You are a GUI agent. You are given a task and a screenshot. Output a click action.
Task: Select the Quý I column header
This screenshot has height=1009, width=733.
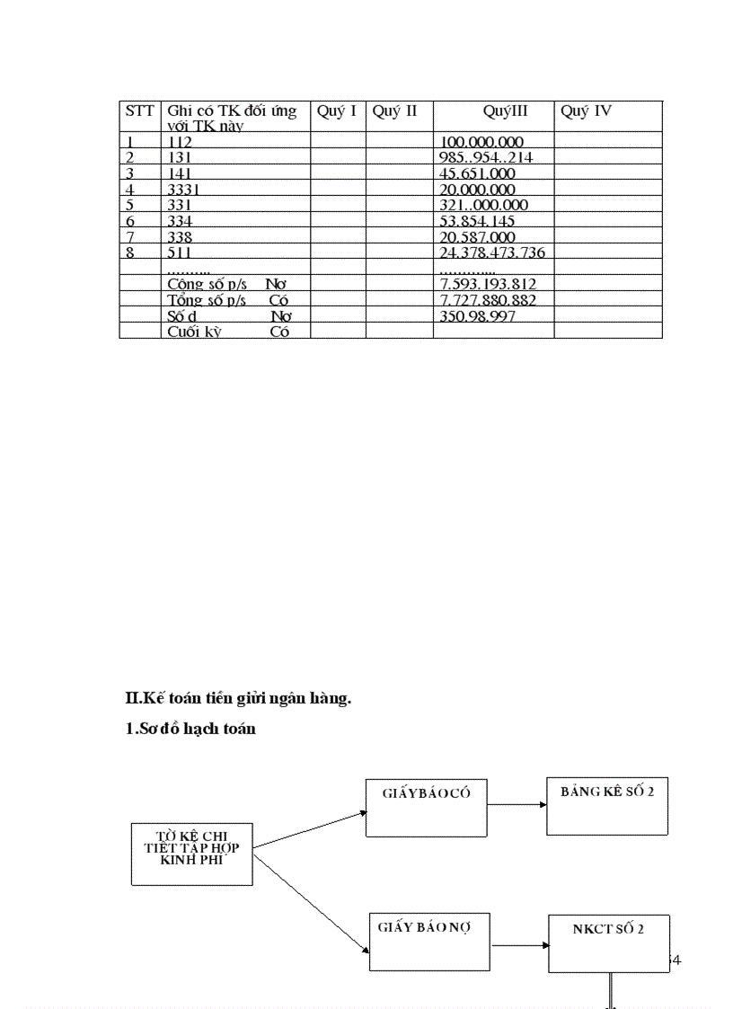pos(337,111)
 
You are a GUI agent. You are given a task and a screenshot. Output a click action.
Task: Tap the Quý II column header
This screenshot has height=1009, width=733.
pos(394,111)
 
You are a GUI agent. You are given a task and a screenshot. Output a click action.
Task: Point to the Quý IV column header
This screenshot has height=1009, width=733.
pos(586,111)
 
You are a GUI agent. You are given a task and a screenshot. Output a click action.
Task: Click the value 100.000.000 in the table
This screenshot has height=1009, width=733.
pos(482,142)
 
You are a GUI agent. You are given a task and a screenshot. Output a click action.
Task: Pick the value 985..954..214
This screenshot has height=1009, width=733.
pos(486,158)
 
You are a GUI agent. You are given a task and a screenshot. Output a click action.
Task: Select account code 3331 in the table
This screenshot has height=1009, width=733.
pos(184,190)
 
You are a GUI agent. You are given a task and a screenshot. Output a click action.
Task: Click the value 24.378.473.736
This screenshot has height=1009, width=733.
pos(492,252)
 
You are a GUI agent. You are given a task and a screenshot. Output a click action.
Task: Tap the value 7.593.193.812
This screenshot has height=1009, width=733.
pos(488,285)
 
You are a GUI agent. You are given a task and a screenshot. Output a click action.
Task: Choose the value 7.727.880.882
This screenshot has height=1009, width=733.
pos(488,300)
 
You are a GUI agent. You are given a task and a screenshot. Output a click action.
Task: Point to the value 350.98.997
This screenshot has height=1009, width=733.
pos(477,316)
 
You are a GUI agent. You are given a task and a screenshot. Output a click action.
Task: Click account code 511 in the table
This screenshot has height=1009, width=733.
pos(180,252)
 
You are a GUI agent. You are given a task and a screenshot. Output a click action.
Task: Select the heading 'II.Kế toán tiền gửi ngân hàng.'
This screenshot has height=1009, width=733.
pos(238,698)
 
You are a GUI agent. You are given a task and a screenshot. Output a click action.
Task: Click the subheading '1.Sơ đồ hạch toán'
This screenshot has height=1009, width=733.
pos(190,729)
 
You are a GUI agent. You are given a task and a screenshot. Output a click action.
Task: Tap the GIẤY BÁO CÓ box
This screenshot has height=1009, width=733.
pos(427,808)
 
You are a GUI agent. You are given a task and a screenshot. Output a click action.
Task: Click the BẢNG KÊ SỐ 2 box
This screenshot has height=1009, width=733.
pos(607,806)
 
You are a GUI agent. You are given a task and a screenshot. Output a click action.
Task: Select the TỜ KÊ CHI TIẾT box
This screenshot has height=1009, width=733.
pos(192,853)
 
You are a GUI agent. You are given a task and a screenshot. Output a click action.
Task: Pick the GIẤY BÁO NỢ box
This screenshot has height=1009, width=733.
pos(430,941)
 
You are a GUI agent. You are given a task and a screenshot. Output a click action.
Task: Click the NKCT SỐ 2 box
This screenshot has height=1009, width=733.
pos(608,943)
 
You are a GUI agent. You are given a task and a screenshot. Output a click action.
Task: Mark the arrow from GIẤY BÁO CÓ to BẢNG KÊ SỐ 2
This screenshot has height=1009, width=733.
pos(517,806)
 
